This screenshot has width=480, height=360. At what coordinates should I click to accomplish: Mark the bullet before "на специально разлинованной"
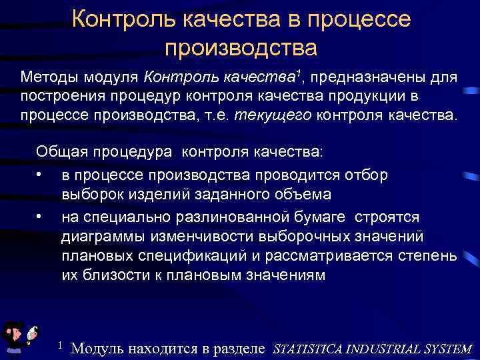point(41,216)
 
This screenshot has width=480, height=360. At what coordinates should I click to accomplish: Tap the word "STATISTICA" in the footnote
point(312,348)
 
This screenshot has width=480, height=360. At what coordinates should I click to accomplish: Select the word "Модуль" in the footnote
point(97,347)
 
